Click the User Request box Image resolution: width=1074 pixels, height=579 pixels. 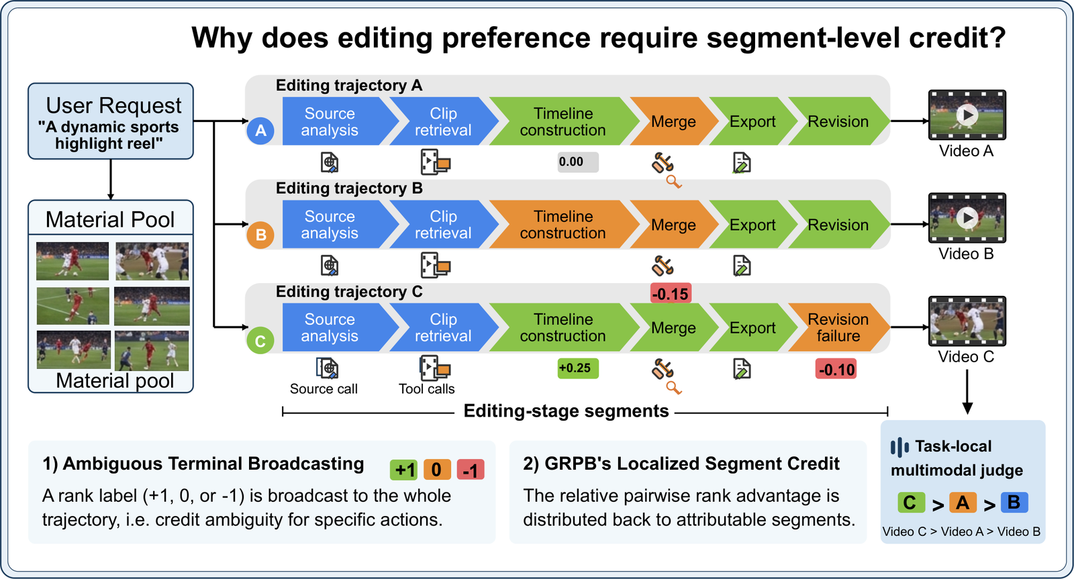[111, 121]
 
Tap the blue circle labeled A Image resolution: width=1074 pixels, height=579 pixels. [260, 131]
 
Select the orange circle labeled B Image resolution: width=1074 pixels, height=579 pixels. [260, 235]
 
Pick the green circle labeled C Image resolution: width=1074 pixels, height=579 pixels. [260, 341]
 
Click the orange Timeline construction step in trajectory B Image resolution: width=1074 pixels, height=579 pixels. [563, 224]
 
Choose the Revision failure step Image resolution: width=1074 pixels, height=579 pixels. [839, 327]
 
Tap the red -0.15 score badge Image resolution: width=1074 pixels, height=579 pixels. [671, 293]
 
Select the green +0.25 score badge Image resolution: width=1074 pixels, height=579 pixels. [578, 368]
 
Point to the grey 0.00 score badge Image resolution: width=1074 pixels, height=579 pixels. [578, 162]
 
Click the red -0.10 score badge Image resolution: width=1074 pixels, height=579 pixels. [836, 369]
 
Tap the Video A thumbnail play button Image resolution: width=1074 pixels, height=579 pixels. [967, 115]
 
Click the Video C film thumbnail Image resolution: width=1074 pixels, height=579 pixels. [967, 321]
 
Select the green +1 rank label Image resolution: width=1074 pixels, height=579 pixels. [403, 470]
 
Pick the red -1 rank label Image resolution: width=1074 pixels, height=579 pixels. [471, 470]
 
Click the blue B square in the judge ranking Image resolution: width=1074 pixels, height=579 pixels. [1014, 503]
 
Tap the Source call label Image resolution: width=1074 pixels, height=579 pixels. [324, 388]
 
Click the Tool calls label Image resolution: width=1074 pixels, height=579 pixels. [427, 388]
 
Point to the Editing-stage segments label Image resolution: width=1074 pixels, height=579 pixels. [567, 411]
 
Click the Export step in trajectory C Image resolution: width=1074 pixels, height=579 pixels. [752, 327]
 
